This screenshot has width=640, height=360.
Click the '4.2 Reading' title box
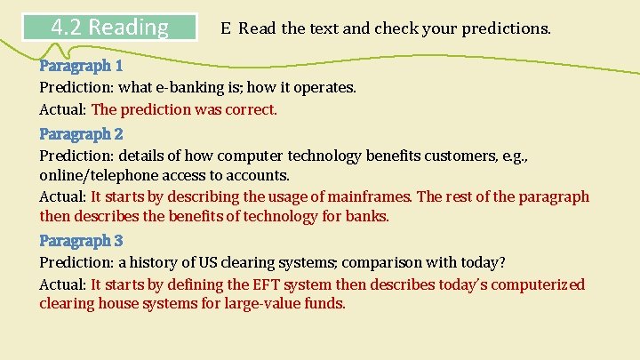click(110, 27)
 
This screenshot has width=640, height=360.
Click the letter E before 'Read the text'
click(227, 28)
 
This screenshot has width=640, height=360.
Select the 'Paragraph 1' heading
click(81, 66)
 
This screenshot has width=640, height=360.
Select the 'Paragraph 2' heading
click(81, 134)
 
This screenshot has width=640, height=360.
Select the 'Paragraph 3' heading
click(81, 241)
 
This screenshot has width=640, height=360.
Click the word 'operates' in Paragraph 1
click(325, 87)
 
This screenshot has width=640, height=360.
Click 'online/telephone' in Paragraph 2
click(95, 176)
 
